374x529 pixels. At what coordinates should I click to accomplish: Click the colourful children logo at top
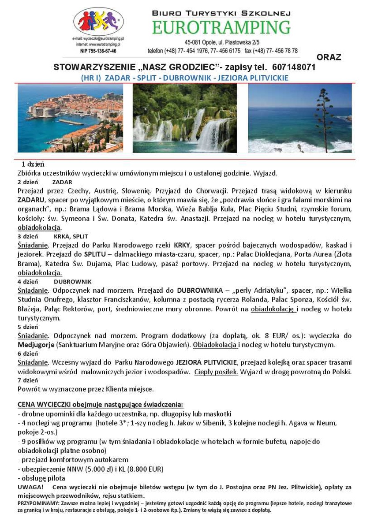pos(98,22)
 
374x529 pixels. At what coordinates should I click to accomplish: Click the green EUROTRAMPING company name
pos(221,28)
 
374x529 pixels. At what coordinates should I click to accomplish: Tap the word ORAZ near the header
pos(329,57)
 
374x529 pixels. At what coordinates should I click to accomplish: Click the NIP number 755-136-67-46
pos(98,51)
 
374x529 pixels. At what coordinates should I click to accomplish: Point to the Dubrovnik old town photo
pos(70,118)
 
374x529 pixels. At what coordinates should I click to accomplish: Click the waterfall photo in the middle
pos(184,118)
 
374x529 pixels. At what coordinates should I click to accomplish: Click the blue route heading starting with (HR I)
pos(184,78)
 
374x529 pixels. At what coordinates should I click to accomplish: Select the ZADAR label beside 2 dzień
pos(62,182)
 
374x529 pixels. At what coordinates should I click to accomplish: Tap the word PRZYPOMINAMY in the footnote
pos(37,503)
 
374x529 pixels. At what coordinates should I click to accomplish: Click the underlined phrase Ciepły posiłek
pos(216,372)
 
